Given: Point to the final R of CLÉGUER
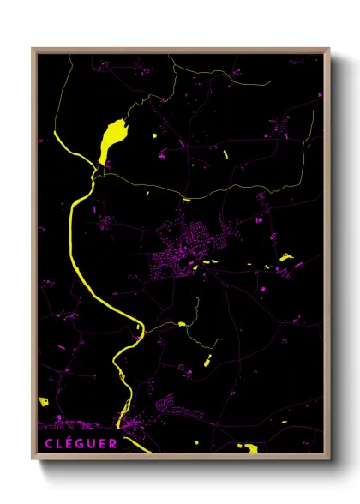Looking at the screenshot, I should coord(113,443).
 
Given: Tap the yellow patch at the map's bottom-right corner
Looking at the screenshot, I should coord(250,447).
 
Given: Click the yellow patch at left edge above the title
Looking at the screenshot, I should coord(43,401).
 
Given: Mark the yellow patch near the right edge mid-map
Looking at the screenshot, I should coord(286,257).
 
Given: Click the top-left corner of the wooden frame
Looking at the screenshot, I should coord(33,50).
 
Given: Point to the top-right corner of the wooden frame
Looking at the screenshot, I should coord(329,50).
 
